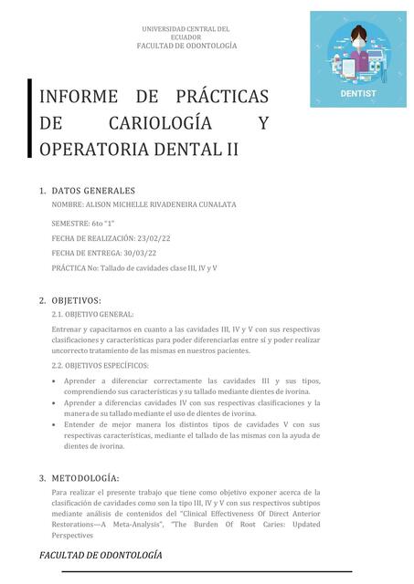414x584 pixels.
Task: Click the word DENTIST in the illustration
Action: pos(358,93)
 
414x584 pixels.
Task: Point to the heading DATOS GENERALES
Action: pos(93,191)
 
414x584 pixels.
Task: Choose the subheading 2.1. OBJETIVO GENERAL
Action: pos(92,314)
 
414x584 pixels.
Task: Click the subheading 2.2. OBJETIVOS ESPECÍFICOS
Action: pos(101,366)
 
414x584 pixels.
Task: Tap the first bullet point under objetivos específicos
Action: pos(56,381)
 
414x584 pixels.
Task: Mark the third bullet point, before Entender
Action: pos(56,424)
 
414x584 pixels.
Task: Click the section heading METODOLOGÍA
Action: pos(85,478)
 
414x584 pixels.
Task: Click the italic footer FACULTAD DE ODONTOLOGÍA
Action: pos(101,555)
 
